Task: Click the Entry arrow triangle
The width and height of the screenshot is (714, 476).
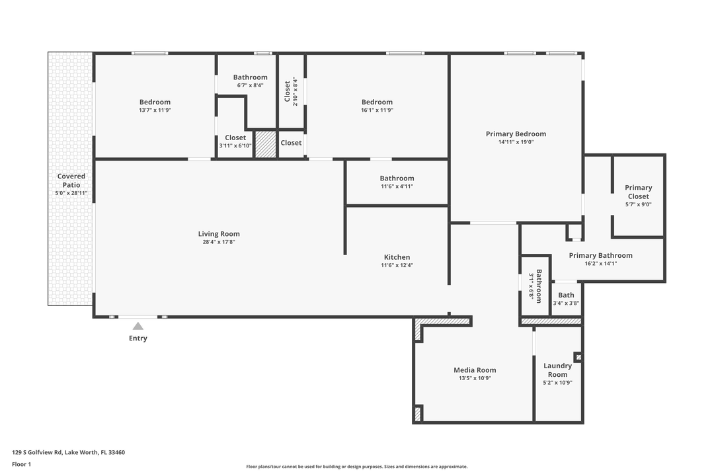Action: point(138,325)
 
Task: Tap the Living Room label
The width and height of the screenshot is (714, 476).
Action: point(219,234)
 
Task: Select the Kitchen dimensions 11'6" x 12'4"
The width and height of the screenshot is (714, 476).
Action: point(397,266)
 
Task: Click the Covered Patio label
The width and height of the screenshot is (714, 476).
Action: point(71,180)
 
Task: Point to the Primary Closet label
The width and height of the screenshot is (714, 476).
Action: point(638,192)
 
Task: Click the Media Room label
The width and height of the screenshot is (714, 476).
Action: point(475,370)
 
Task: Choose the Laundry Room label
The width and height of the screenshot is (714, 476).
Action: point(557,370)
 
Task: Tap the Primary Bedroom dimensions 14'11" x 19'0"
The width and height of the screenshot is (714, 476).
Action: point(516,142)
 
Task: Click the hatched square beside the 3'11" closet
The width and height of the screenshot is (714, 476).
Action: point(266,144)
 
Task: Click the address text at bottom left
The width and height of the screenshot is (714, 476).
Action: point(69,453)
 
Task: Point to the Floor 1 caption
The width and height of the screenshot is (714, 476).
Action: point(21,465)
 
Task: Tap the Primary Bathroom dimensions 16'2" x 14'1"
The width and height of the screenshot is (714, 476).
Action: point(600,264)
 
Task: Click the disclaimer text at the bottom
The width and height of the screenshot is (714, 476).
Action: point(357,467)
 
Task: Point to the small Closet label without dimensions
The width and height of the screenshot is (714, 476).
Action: point(291,143)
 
